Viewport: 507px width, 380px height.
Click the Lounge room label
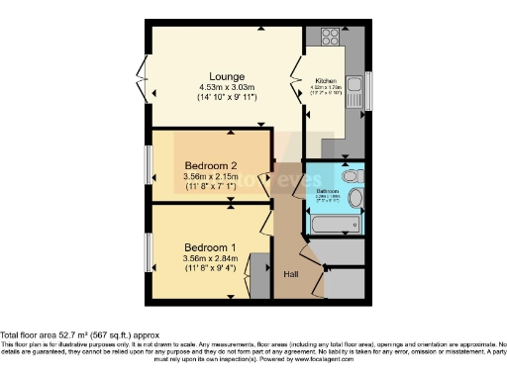coord(226,75)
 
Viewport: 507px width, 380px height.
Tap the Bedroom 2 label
coord(210,166)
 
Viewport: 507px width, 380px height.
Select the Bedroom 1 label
coord(210,247)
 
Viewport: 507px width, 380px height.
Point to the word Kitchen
coord(327,80)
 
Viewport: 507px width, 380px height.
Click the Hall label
coord(292,274)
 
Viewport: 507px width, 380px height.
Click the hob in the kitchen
coord(329,39)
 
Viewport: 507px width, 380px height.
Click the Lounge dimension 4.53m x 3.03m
coord(226,87)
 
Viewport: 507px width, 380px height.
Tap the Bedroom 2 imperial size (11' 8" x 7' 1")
coord(210,186)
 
